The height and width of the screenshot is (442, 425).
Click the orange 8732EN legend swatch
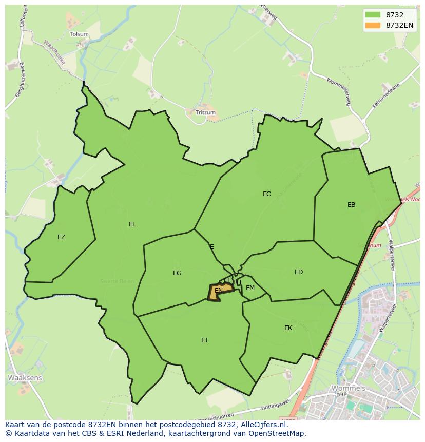(x=373, y=25)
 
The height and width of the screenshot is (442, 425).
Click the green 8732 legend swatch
(x=373, y=15)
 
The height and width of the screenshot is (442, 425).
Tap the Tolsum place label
(x=79, y=34)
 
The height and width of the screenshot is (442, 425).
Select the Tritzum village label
(x=205, y=112)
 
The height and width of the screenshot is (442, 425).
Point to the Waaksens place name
(x=25, y=377)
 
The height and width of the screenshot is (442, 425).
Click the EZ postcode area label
(x=62, y=237)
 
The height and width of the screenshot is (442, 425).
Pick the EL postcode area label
(x=132, y=224)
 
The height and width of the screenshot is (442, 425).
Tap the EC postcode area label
(x=266, y=194)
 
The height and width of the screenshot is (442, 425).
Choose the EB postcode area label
(x=351, y=205)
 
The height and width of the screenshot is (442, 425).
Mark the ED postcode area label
(x=299, y=272)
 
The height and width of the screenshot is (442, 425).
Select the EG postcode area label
(x=177, y=273)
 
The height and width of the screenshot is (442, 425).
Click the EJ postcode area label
(x=204, y=340)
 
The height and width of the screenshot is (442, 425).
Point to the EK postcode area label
(x=288, y=328)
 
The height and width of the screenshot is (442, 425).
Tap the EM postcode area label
(x=250, y=288)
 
